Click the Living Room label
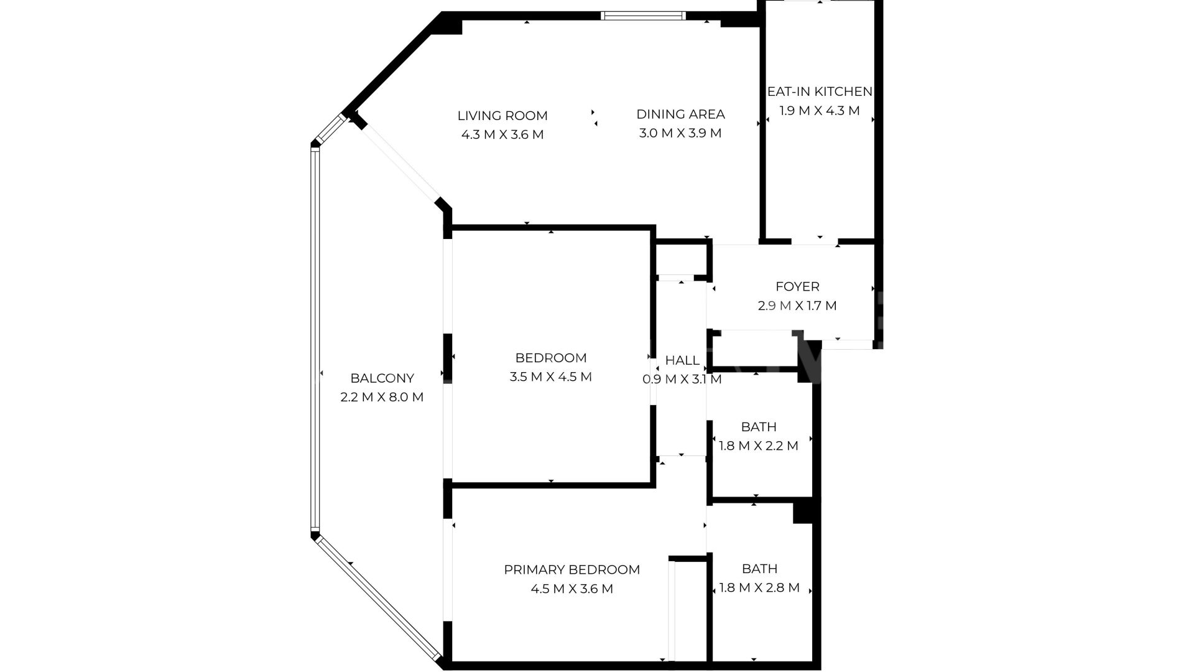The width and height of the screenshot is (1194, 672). pos(502,116)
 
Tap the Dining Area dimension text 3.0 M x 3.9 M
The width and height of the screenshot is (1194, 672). pos(680,133)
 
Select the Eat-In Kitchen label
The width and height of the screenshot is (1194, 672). pos(820,91)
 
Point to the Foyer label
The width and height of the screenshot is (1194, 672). pos(797,287)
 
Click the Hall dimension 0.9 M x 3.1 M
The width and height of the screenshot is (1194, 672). pos(682,379)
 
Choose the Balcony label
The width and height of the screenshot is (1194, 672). pos(382,378)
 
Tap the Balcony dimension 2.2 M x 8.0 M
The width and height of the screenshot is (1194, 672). pos(382,397)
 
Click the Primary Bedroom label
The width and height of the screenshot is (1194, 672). pos(572,569)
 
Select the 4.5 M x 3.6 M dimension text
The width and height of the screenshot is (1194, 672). pos(572,589)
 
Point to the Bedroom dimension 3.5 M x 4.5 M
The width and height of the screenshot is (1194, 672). pos(551,377)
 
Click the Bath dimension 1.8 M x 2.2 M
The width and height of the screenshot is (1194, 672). pos(759,446)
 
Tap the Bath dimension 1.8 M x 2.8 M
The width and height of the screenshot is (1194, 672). pos(759,588)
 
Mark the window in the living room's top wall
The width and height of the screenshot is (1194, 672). pos(644,16)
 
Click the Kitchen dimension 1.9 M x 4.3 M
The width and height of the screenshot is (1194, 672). pos(820,111)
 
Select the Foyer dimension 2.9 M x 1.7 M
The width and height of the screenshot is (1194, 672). pos(797,306)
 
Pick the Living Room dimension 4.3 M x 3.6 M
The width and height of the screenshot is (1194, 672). pos(502,134)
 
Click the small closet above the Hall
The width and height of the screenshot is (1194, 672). pos(681,259)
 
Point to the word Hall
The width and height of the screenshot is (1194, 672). pos(682,360)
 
